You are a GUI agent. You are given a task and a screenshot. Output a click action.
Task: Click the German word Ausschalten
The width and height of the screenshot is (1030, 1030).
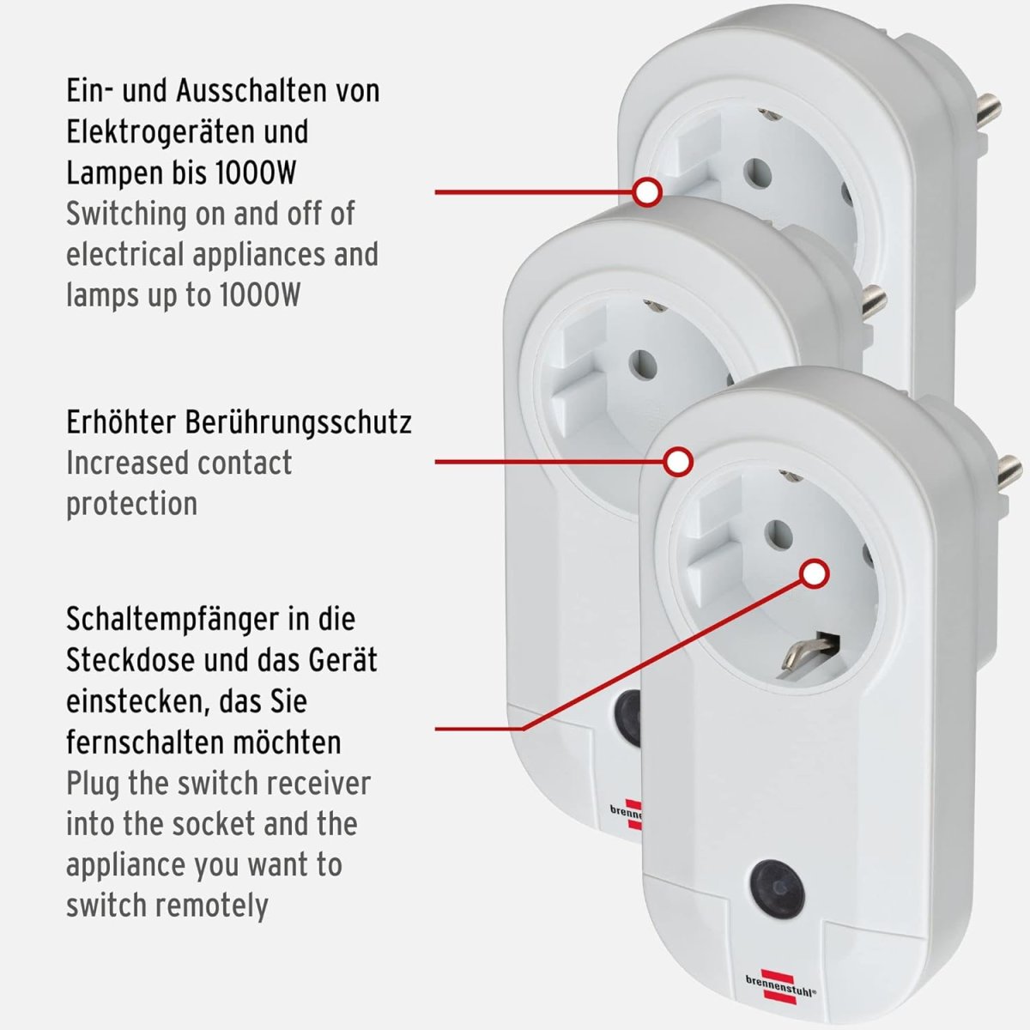click(245, 91)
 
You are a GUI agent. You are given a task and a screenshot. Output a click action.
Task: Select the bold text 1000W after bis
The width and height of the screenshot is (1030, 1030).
click(256, 173)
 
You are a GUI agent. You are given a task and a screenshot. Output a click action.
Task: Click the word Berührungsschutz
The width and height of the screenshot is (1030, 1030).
click(298, 423)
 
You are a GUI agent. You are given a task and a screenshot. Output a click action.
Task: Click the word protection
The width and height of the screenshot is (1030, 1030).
click(131, 505)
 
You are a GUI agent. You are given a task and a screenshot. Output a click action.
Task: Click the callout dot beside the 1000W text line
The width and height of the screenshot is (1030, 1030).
click(647, 192)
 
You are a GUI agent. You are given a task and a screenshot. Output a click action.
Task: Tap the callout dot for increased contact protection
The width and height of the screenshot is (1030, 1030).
click(678, 462)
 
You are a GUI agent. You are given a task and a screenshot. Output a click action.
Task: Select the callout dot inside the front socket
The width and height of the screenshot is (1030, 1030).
click(815, 574)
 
